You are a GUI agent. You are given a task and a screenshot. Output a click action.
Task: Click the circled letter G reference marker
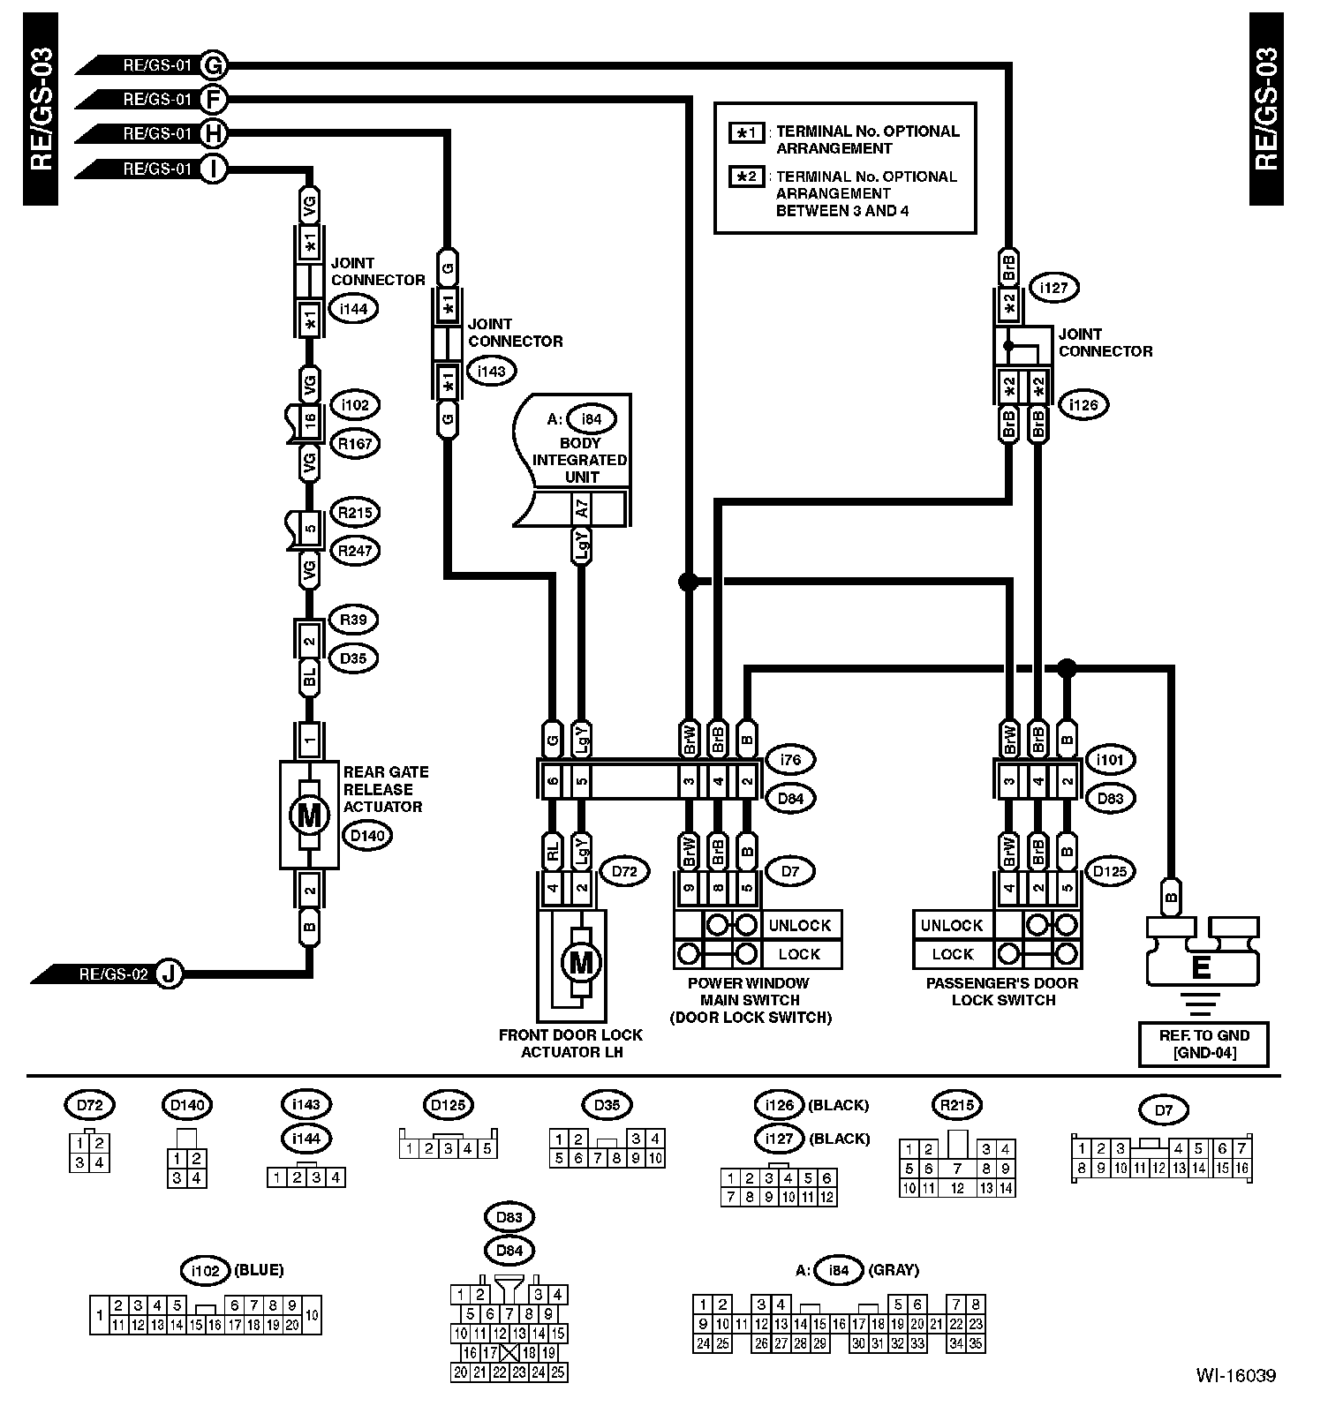click(213, 64)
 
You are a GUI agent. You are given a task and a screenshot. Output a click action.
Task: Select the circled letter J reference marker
click(170, 974)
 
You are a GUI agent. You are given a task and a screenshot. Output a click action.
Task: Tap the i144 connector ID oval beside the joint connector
click(353, 308)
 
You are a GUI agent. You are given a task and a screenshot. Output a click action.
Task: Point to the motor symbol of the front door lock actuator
click(580, 961)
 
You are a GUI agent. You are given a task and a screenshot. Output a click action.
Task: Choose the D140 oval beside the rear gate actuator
click(366, 835)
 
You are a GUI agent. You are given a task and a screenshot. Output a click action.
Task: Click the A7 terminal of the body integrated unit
click(581, 509)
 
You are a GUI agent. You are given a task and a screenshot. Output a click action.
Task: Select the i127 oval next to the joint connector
click(1054, 288)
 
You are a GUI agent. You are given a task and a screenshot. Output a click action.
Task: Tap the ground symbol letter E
click(1201, 968)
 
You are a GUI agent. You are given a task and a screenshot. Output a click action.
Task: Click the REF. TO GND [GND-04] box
click(1203, 1043)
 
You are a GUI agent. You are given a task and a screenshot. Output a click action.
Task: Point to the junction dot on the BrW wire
click(688, 581)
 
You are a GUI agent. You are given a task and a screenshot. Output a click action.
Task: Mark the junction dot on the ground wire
click(1067, 667)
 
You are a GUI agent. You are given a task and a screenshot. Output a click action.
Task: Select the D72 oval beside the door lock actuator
click(623, 872)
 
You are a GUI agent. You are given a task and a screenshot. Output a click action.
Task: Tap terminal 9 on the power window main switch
click(689, 888)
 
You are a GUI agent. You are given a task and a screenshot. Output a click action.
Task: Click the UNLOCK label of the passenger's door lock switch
click(951, 925)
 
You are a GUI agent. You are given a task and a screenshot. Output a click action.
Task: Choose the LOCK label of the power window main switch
click(799, 954)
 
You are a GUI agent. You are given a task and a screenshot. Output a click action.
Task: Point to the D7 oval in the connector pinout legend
click(1164, 1110)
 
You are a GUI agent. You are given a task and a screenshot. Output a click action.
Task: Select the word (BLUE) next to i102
click(259, 1270)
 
